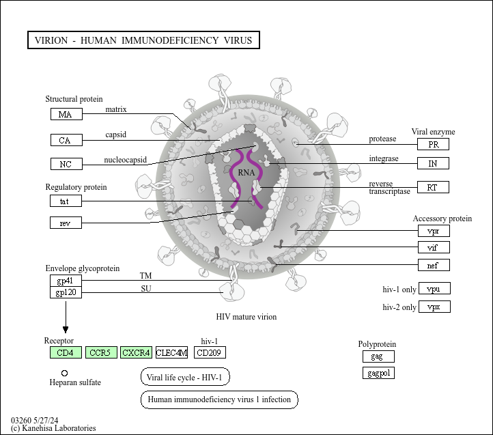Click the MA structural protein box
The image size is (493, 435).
tap(66, 114)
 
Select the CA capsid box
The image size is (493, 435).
tap(66, 140)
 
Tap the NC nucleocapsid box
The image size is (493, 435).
tap(66, 164)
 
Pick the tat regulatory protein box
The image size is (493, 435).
tap(66, 201)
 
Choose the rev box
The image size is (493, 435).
tap(66, 223)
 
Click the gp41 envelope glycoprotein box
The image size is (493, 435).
tap(66, 281)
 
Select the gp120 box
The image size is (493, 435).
tap(66, 292)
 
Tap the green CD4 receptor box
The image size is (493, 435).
tap(66, 352)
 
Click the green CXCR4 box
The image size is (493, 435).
tap(136, 352)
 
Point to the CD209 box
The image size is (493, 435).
tap(210, 352)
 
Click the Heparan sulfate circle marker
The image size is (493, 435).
tap(64, 373)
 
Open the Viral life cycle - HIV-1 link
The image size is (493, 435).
tap(185, 376)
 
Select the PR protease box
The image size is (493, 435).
tap(434, 144)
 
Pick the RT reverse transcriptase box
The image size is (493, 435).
tap(434, 187)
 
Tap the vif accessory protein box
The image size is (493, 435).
tap(434, 247)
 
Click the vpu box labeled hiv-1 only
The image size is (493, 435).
tap(434, 288)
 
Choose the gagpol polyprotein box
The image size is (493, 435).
tap(378, 373)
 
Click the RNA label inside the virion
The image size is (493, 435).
tap(246, 173)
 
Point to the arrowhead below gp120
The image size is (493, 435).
tap(66, 330)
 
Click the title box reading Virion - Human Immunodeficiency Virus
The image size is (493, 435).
tap(143, 40)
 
